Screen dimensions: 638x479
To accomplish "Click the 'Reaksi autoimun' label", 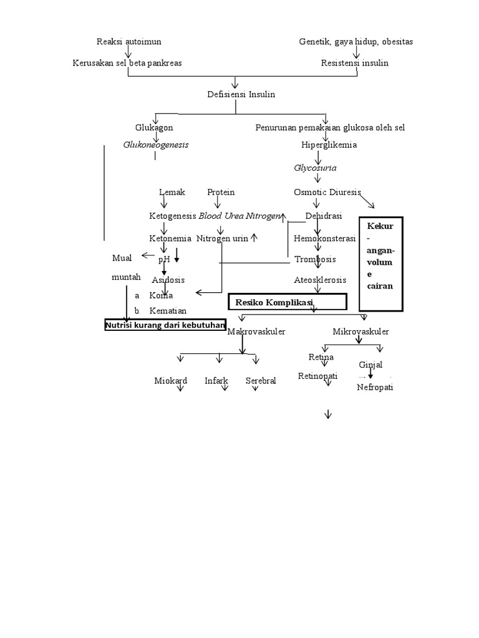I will click(128, 42).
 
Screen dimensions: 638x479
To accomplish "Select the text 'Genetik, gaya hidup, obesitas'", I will click(356, 42).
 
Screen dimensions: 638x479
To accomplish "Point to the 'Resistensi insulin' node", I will click(354, 63).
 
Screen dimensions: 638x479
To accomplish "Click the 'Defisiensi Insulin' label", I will click(241, 94).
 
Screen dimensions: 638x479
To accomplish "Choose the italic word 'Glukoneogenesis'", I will click(155, 145).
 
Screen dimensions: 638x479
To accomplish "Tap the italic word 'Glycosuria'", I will click(315, 168).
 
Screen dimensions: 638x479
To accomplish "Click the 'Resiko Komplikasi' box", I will click(287, 302).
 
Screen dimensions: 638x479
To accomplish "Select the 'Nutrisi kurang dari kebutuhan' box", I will click(165, 325).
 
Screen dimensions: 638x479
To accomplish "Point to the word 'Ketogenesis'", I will click(172, 216).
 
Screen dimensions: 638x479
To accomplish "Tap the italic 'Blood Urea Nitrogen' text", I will click(239, 216).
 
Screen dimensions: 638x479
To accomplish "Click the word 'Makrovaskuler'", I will click(256, 332).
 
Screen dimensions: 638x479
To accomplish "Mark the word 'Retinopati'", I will click(317, 376).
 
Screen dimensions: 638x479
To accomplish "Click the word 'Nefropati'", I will click(375, 388).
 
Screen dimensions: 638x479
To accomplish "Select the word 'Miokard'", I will click(171, 381).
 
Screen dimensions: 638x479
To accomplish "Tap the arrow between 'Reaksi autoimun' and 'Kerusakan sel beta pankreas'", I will click(128, 52).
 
